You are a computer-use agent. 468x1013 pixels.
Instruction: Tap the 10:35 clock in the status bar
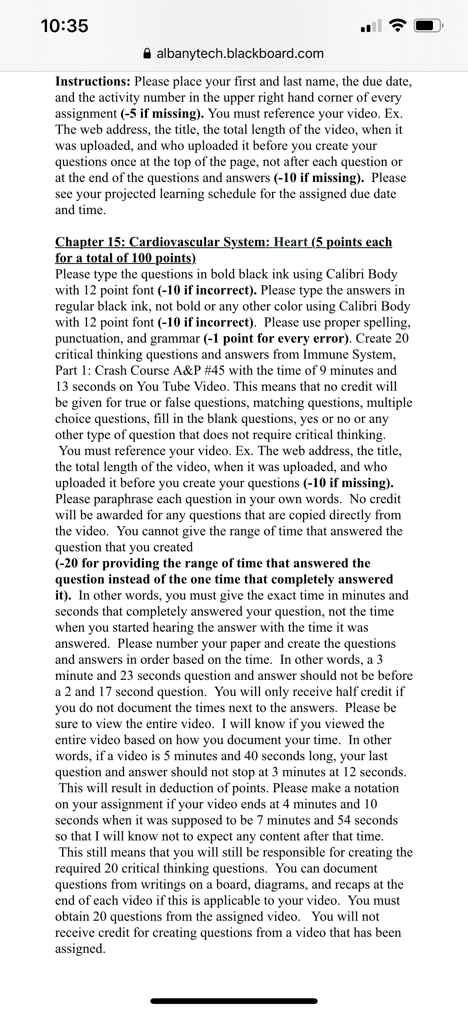pyautogui.click(x=64, y=26)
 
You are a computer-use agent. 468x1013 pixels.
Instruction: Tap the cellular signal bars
pyautogui.click(x=371, y=26)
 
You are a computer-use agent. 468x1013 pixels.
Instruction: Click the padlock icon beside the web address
pyautogui.click(x=147, y=53)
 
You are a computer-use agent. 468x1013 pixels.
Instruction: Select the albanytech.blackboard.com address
pyautogui.click(x=240, y=53)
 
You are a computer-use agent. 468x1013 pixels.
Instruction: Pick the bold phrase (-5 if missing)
pyautogui.click(x=162, y=114)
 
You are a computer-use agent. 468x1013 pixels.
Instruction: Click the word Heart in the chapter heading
pyautogui.click(x=291, y=242)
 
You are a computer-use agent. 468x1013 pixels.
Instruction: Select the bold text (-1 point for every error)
pyautogui.click(x=278, y=338)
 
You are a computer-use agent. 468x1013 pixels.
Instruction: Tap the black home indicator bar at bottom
pyautogui.click(x=234, y=1001)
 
